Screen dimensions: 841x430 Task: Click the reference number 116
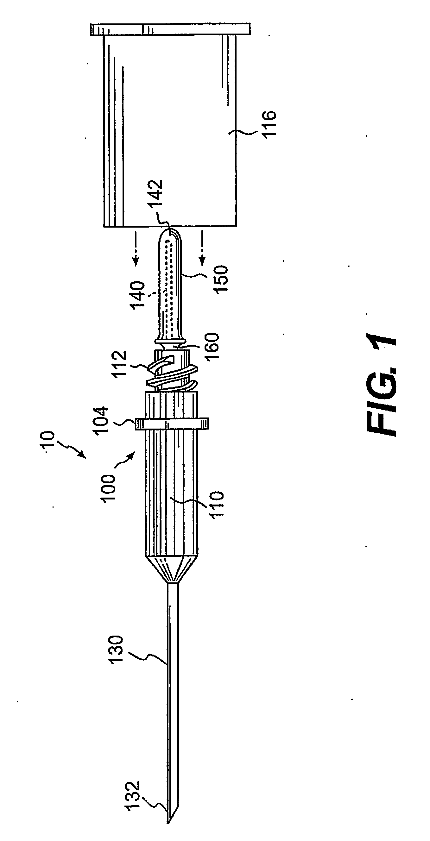pos(269,125)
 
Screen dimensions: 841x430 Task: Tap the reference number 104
pos(100,419)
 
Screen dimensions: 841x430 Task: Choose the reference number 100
pos(109,488)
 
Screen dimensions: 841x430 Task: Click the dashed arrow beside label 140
pos(136,248)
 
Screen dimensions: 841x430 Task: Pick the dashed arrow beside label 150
pos(202,248)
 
